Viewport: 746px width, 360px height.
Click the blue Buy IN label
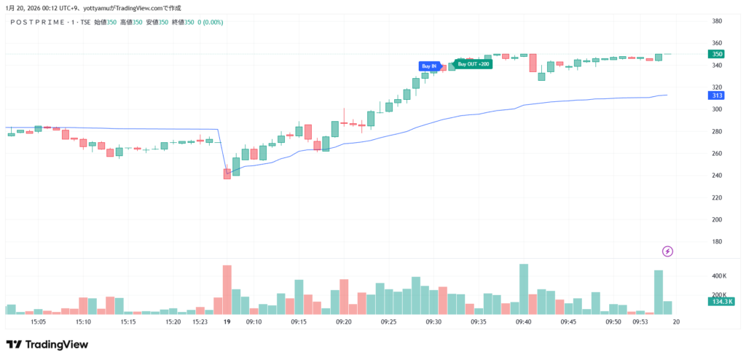click(x=429, y=66)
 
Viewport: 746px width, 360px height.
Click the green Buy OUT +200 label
click(x=474, y=64)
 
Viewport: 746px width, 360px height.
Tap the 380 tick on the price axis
click(x=717, y=20)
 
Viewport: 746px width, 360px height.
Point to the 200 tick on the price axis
click(x=717, y=219)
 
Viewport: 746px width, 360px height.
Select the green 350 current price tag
click(x=717, y=54)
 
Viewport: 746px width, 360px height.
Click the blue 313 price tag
click(x=717, y=95)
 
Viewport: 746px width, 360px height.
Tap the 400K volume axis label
click(x=719, y=276)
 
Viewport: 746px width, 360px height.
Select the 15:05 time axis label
click(x=39, y=321)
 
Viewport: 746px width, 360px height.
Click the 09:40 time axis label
click(x=523, y=321)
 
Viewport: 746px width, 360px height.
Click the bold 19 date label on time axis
click(x=227, y=321)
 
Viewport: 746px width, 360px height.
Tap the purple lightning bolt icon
click(x=668, y=251)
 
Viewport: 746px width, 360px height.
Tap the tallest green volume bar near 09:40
click(x=523, y=289)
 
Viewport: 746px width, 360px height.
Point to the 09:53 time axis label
click(x=640, y=321)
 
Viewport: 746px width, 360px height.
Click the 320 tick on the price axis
click(x=717, y=87)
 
